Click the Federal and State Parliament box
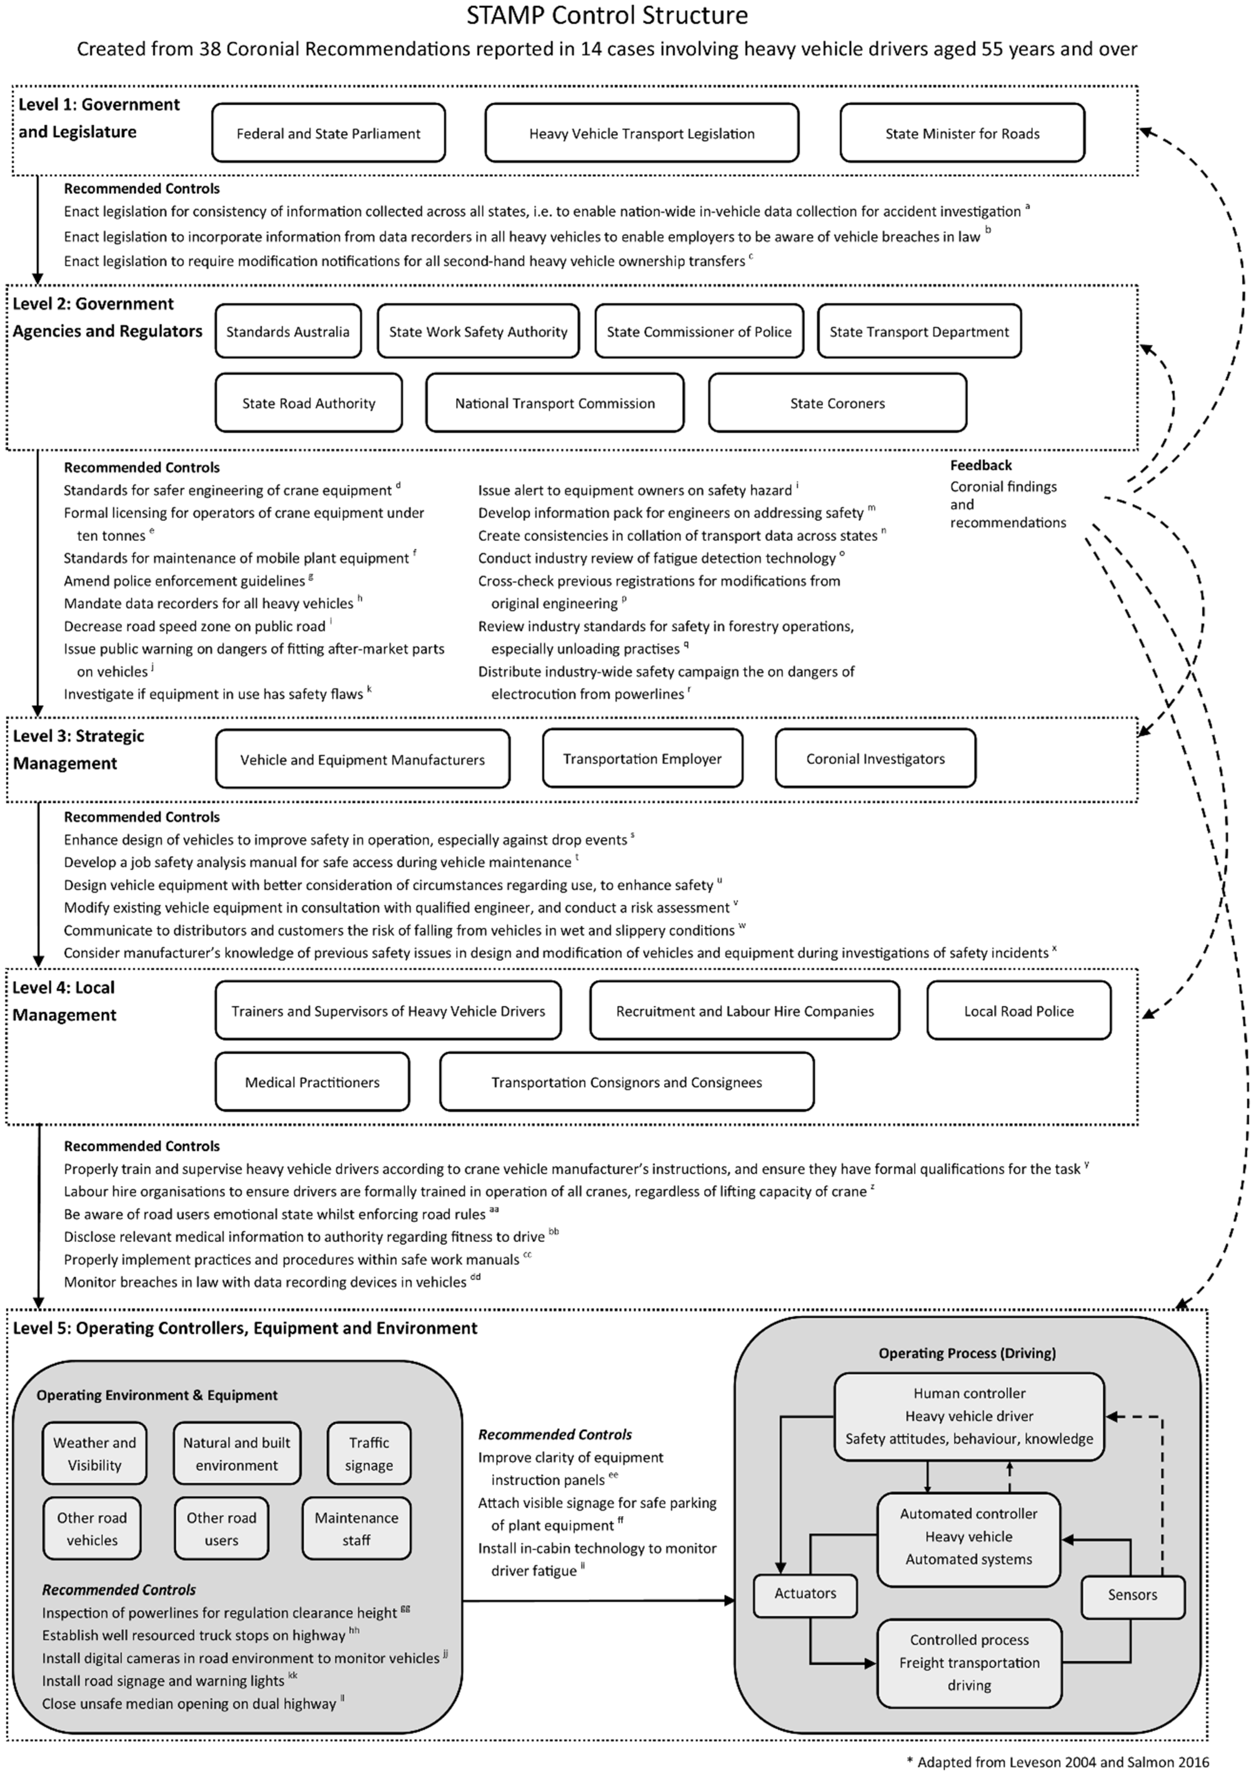coord(328,133)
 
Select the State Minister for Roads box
coord(962,133)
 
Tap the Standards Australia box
coord(288,331)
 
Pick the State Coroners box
coord(837,403)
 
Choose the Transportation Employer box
coord(642,759)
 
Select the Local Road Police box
coord(1019,1011)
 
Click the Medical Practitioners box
coord(312,1082)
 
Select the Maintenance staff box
coord(356,1529)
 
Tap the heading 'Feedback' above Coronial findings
coord(981,465)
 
